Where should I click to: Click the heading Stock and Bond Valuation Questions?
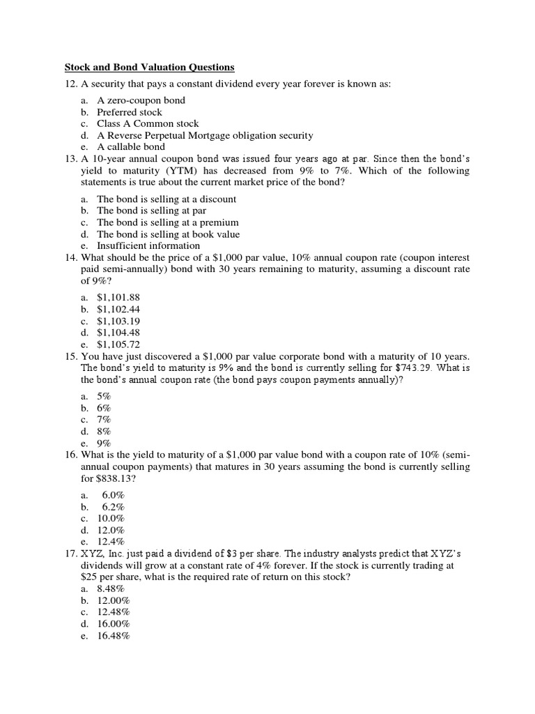(150, 68)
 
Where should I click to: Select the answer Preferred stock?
(130, 112)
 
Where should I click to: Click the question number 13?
(71, 159)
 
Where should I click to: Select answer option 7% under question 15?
(104, 419)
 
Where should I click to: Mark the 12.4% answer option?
(111, 541)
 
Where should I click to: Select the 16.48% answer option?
(114, 636)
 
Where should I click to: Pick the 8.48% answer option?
(111, 589)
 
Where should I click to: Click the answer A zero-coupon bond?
(141, 100)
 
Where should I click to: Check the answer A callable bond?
(131, 147)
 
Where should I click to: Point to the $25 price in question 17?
(91, 578)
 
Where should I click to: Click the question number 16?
(71, 455)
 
